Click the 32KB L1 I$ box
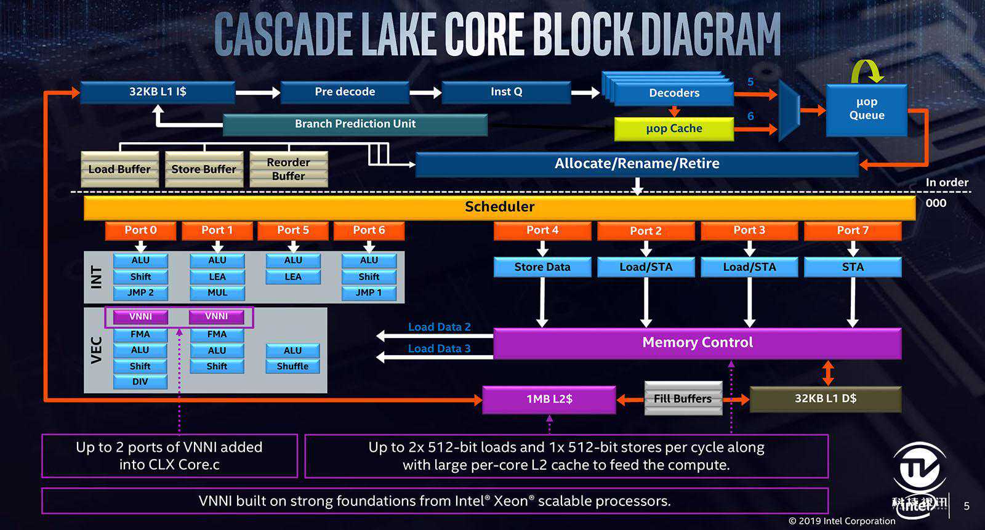click(158, 92)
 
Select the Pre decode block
click(345, 92)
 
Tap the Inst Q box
click(506, 92)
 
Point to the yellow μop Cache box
click(674, 129)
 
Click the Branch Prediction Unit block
click(355, 124)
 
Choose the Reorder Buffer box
click(289, 169)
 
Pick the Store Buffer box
click(204, 169)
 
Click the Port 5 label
click(293, 230)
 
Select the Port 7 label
click(853, 230)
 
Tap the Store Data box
click(542, 267)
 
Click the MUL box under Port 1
click(217, 293)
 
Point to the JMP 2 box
click(140, 293)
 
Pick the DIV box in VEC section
click(140, 382)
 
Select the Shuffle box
click(293, 366)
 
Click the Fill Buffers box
click(683, 399)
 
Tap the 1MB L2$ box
click(549, 400)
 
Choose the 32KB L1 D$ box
click(826, 399)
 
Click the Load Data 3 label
click(439, 349)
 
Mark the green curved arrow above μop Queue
click(867, 71)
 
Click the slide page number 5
click(967, 506)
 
